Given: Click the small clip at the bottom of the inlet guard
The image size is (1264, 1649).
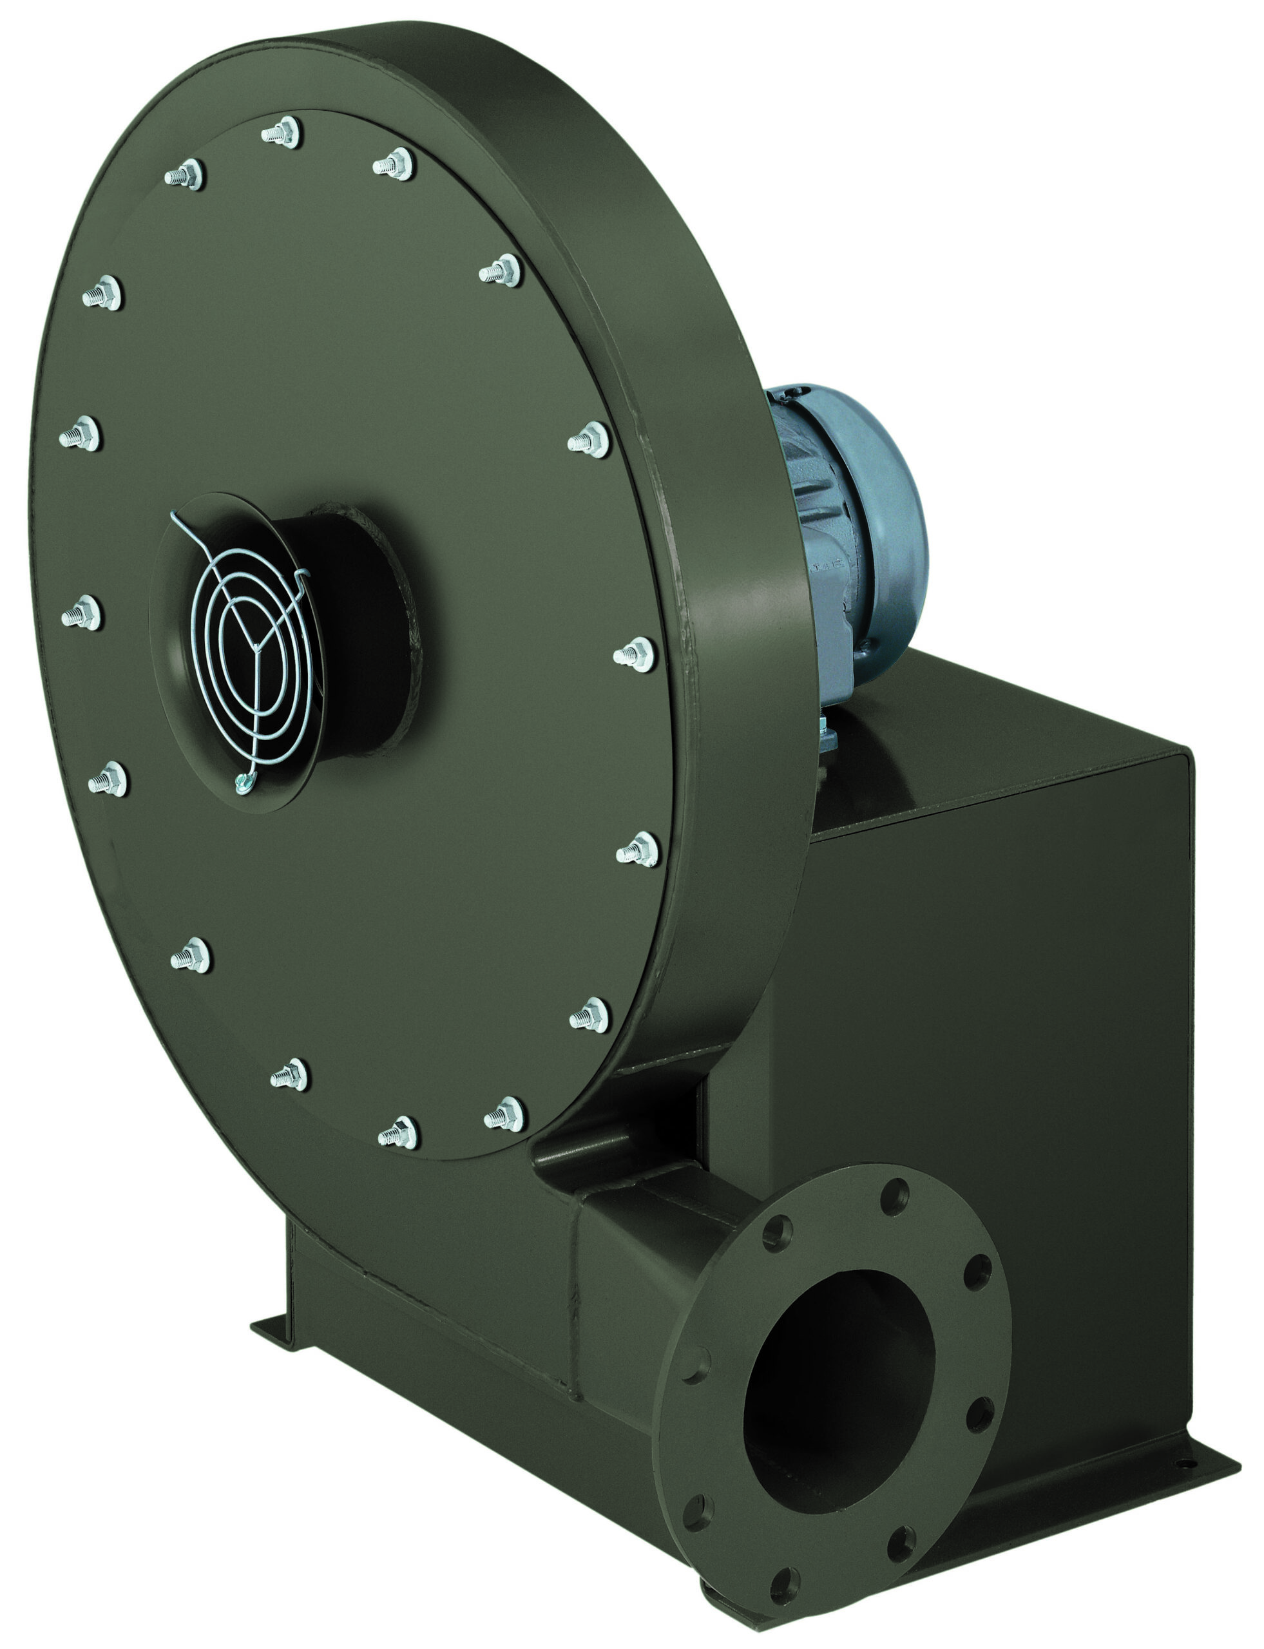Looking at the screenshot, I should click(x=242, y=784).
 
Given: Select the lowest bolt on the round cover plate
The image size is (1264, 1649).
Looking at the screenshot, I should click(x=399, y=1132).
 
